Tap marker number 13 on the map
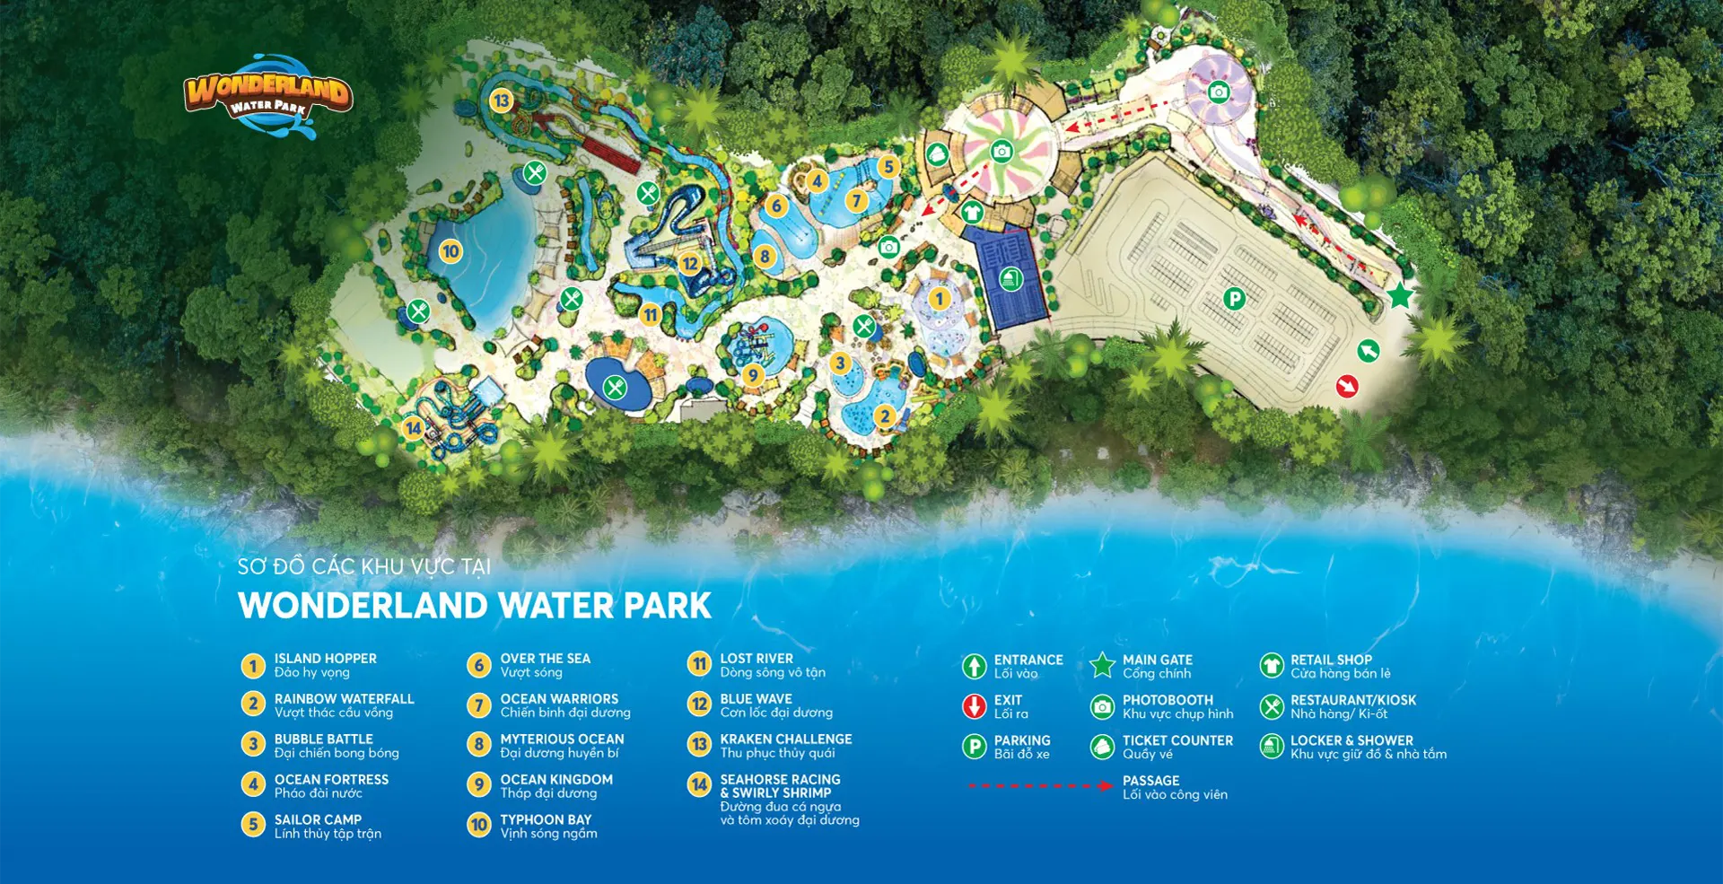pyautogui.click(x=501, y=101)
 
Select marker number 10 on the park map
pyautogui.click(x=450, y=251)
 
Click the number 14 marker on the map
pyautogui.click(x=413, y=428)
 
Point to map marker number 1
pyautogui.click(x=940, y=298)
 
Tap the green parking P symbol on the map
pyautogui.click(x=1235, y=299)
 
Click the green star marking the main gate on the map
pyautogui.click(x=1400, y=295)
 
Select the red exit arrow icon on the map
pyautogui.click(x=1346, y=386)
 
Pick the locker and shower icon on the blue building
pyautogui.click(x=1010, y=278)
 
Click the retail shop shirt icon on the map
pyautogui.click(x=972, y=213)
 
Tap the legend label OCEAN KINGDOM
pyautogui.click(x=556, y=779)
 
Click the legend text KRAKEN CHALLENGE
pyautogui.click(x=786, y=739)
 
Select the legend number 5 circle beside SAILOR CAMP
pyautogui.click(x=253, y=824)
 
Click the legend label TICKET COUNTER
pyautogui.click(x=1177, y=740)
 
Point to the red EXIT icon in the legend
pyautogui.click(x=975, y=706)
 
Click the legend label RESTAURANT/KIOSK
pyautogui.click(x=1353, y=700)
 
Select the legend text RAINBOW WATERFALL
pyautogui.click(x=345, y=698)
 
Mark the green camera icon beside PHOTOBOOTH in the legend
pyautogui.click(x=1102, y=706)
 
